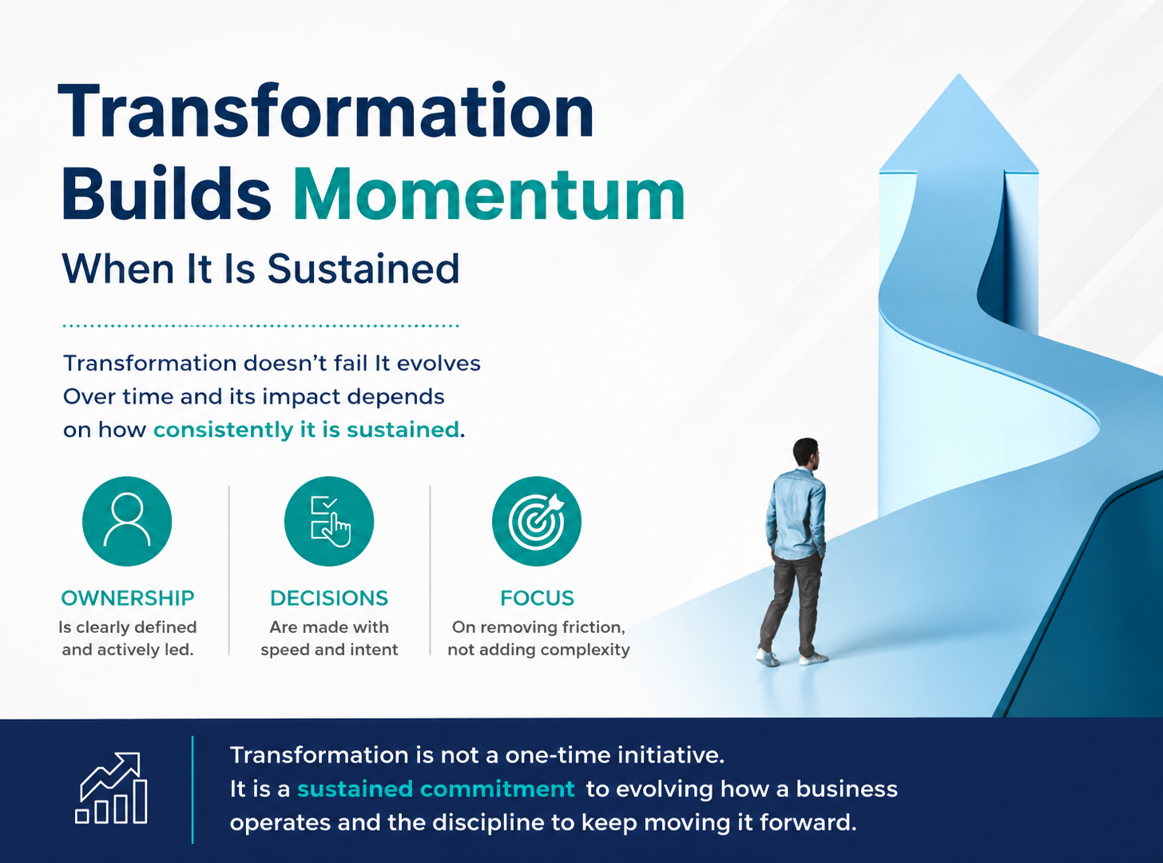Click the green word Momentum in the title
click(x=489, y=195)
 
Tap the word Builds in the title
click(x=166, y=193)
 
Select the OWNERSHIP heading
click(x=128, y=598)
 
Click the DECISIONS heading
click(x=329, y=598)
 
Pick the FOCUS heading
click(x=537, y=598)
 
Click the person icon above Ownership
click(x=127, y=521)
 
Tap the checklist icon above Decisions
click(x=329, y=521)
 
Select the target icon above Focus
click(x=537, y=521)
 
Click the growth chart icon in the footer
click(x=111, y=788)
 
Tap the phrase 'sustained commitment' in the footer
click(x=436, y=789)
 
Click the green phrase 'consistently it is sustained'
click(x=306, y=430)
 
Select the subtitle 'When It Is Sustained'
click(x=260, y=268)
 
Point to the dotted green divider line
click(x=260, y=326)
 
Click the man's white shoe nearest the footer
click(x=767, y=658)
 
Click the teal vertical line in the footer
click(x=193, y=789)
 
